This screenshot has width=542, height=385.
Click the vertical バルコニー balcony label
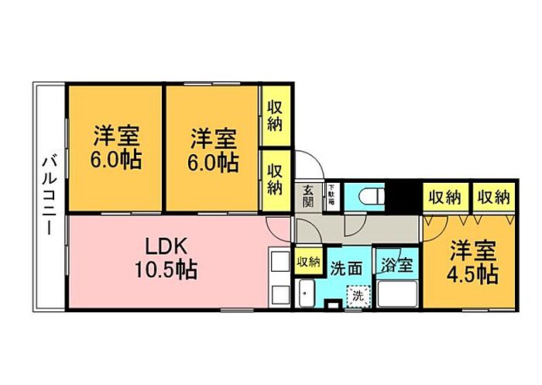(48, 197)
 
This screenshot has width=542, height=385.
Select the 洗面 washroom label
(346, 268)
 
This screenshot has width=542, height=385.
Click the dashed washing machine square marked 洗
(358, 295)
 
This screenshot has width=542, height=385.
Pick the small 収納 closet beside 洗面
(308, 262)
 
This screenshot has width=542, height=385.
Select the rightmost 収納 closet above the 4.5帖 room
(493, 197)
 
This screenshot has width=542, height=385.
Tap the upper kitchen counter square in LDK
(277, 260)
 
